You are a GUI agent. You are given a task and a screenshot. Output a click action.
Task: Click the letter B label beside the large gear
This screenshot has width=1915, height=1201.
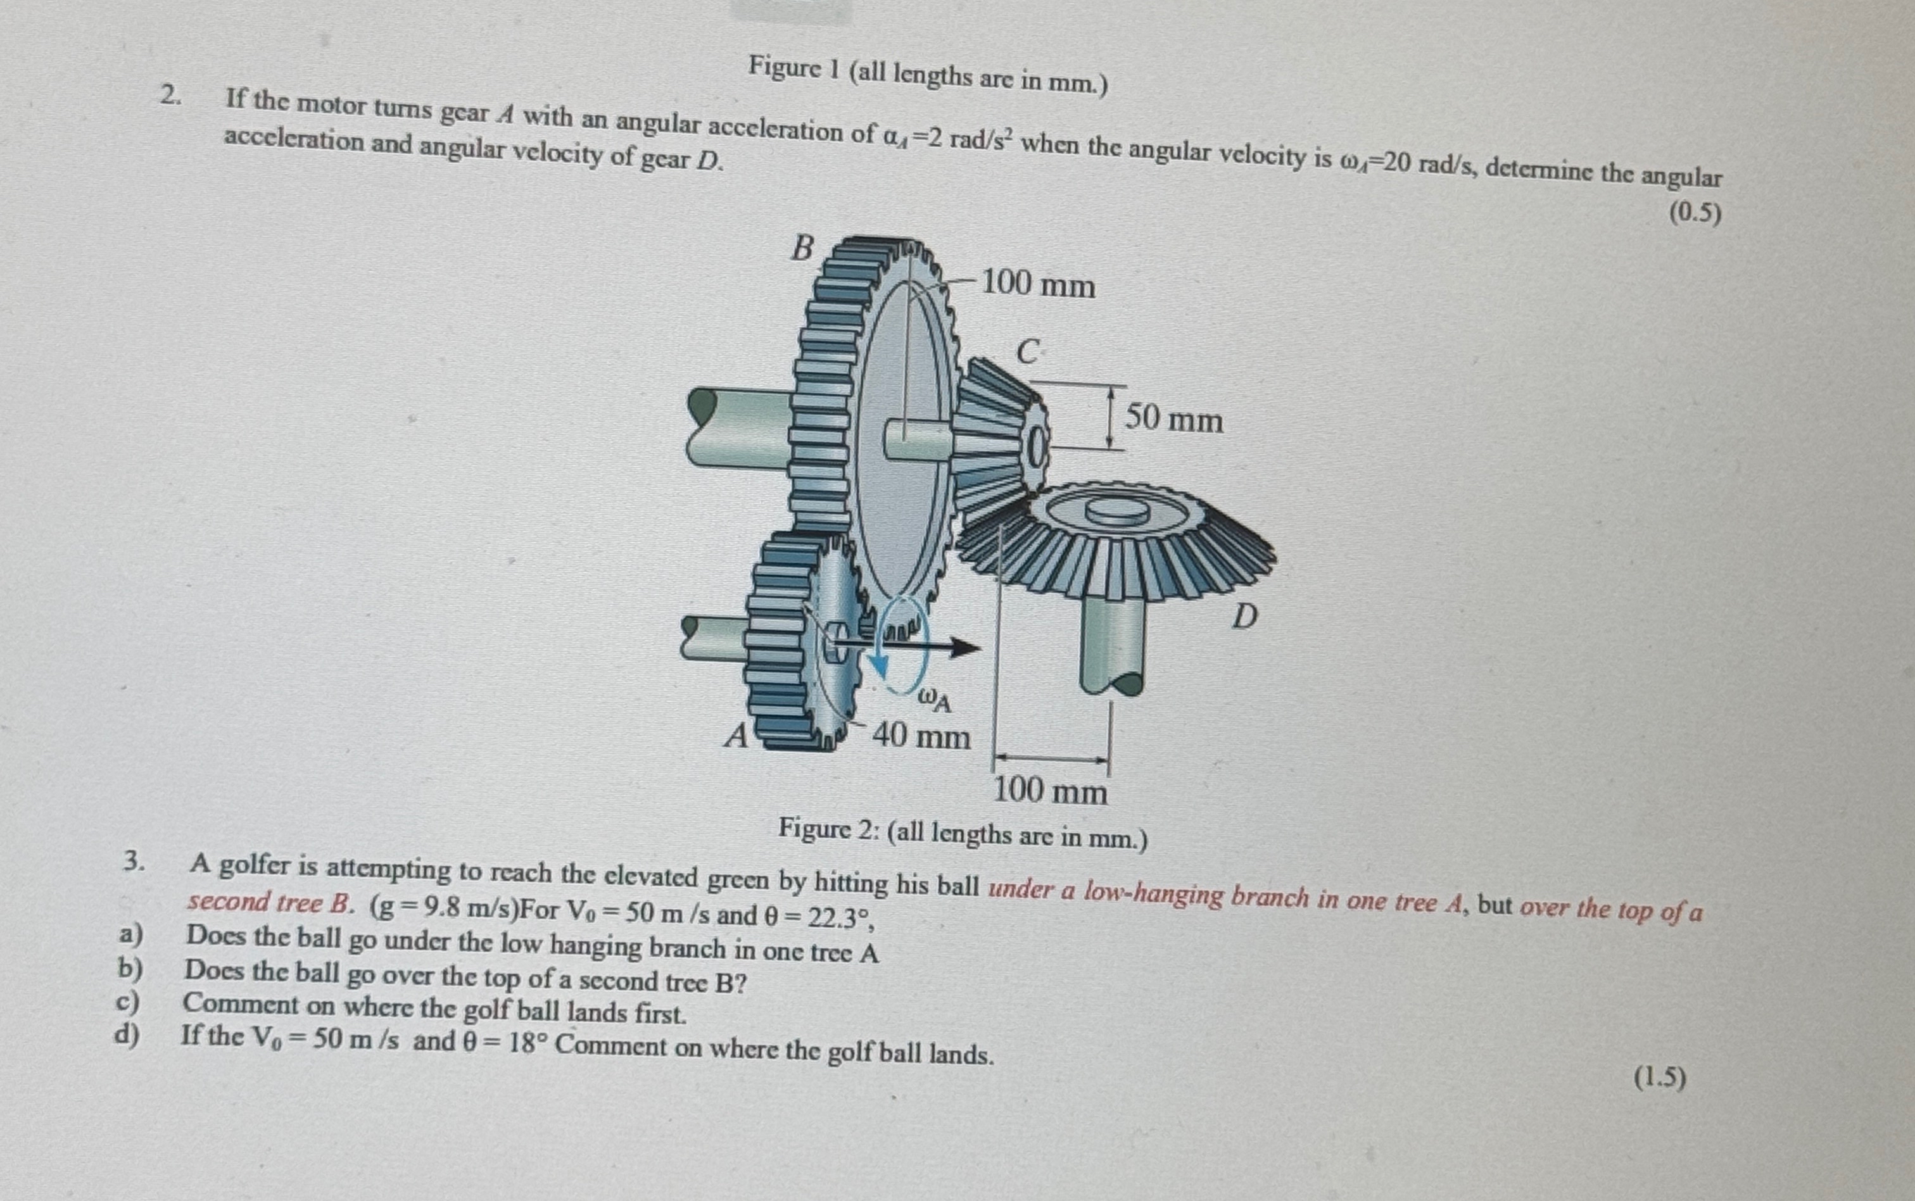pos(803,249)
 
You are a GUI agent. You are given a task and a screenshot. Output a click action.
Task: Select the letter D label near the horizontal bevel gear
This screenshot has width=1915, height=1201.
pos(1244,617)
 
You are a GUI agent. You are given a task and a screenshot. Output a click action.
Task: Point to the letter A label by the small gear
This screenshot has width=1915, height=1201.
pos(737,737)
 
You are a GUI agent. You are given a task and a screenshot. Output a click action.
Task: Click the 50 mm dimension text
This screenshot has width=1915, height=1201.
pos(1174,418)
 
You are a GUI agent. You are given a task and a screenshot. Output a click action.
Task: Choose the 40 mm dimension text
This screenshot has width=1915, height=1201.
pos(921,737)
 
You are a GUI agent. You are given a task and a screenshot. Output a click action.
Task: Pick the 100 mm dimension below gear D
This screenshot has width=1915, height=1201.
pos(1050,792)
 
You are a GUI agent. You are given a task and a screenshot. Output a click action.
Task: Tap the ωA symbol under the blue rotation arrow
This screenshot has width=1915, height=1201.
pos(934,699)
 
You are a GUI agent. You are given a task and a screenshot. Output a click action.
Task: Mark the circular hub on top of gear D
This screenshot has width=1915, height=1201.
pos(1116,512)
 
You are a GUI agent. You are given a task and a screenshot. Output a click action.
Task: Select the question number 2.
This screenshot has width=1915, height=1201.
pos(169,96)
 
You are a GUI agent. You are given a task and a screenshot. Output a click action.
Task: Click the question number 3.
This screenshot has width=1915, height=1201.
pos(134,862)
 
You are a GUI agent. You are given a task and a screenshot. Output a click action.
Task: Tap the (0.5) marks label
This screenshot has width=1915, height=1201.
pos(1696,213)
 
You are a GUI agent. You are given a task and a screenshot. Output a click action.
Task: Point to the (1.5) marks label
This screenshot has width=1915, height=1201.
pos(1659,1078)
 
